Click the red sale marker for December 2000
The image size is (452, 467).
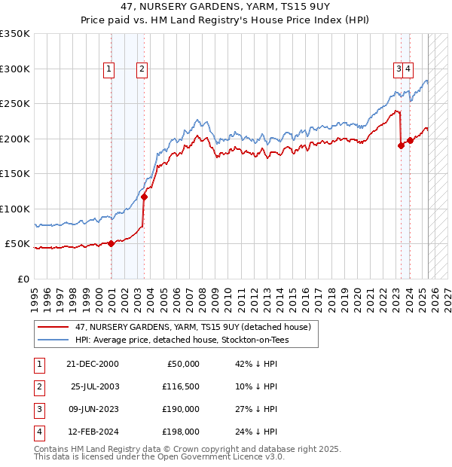(111, 243)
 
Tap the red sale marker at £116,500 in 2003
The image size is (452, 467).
(144, 197)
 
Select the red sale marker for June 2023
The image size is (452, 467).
(401, 146)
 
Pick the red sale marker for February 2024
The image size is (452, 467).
(410, 140)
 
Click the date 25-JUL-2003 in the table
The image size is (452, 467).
(95, 386)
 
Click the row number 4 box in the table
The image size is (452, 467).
(38, 432)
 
